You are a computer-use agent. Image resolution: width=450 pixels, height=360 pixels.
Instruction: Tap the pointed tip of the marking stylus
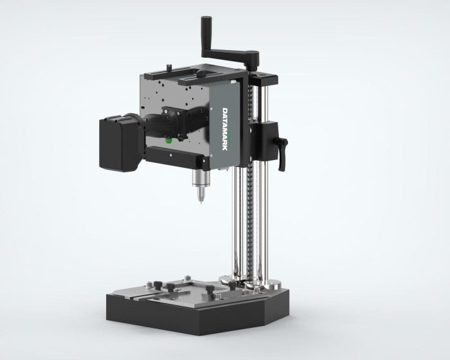(x=201, y=203)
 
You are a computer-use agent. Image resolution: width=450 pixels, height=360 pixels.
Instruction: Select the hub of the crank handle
(x=253, y=59)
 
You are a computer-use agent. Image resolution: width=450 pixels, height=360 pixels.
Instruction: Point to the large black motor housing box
(x=120, y=143)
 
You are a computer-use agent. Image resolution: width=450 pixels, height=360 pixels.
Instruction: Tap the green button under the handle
(x=168, y=140)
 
